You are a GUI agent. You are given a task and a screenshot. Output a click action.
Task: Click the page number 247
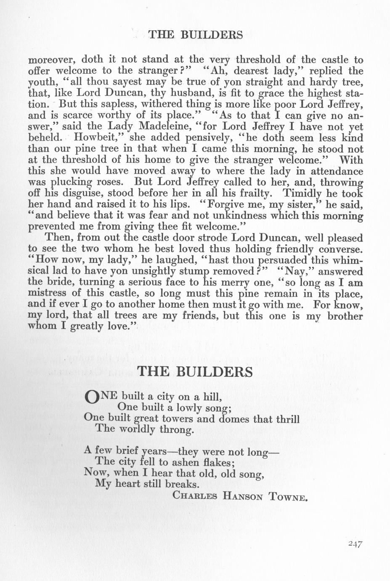point(355,544)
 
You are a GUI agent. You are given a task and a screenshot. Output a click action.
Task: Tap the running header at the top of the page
point(195,35)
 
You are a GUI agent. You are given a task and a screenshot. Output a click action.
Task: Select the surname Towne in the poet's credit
point(291,496)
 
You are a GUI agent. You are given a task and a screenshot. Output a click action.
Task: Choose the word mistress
point(48,293)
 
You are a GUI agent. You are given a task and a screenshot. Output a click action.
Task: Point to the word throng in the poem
point(177,430)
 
